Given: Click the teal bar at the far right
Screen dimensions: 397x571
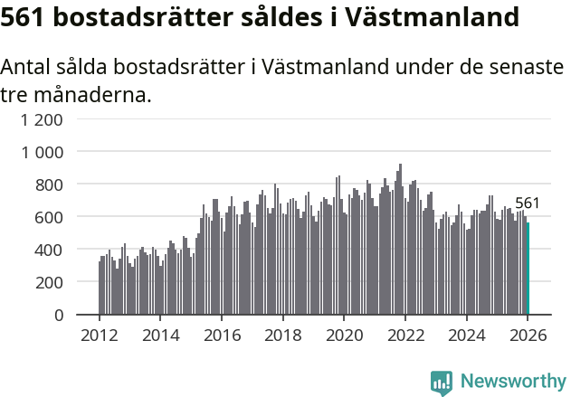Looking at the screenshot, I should point(527,269).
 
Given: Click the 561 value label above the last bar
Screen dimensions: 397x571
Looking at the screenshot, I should point(528,203).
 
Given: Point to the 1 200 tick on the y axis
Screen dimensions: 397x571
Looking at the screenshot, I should point(43,119).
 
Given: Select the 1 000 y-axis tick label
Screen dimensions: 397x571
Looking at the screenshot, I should point(43,152).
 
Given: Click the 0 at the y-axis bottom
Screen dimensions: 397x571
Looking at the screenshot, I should point(58,315).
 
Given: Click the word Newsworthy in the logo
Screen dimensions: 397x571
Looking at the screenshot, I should point(513,381).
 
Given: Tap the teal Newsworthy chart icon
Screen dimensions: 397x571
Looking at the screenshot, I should point(442,383).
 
